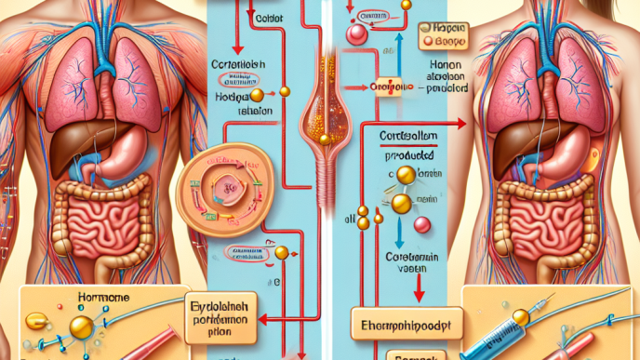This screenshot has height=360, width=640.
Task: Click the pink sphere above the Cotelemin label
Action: coord(422,225)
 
